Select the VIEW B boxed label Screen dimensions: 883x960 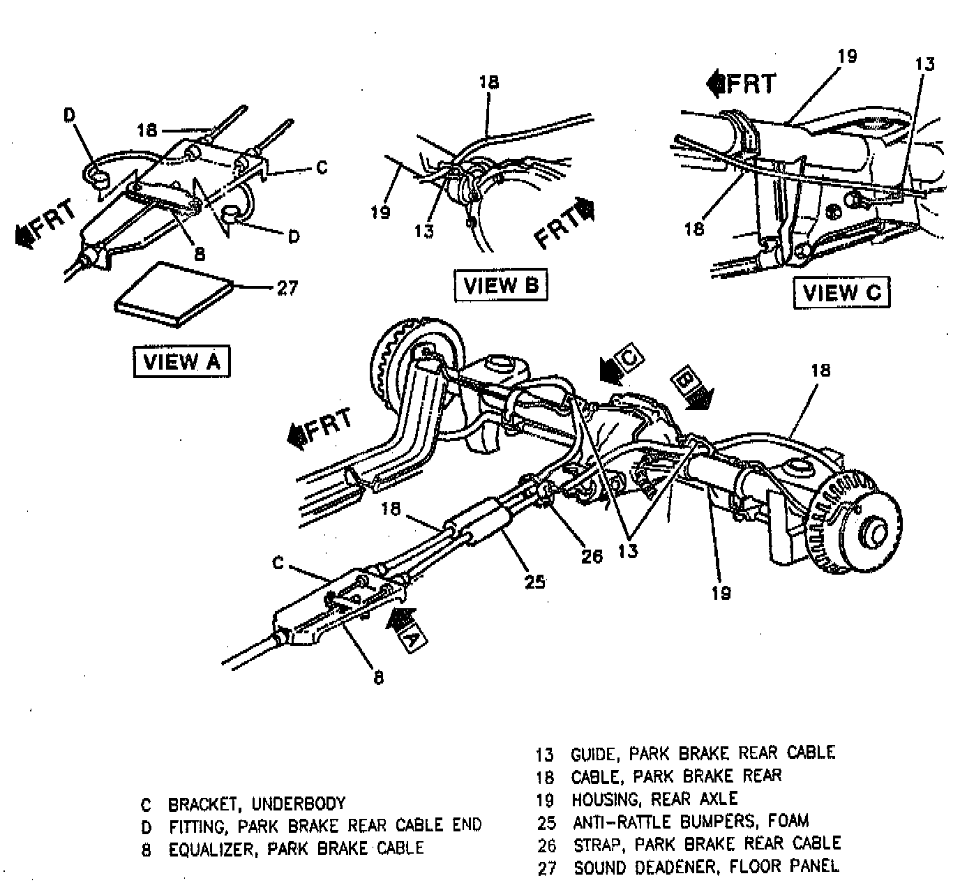[500, 285]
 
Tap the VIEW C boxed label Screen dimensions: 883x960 [841, 292]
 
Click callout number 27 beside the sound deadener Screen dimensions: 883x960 [287, 287]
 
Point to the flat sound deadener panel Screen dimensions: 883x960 [174, 293]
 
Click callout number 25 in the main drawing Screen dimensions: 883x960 [534, 581]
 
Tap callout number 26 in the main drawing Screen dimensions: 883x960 [592, 555]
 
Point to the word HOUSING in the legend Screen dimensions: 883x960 [604, 799]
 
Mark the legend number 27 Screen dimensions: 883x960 [547, 868]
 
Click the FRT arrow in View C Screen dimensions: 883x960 [741, 84]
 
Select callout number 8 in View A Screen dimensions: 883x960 [200, 254]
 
